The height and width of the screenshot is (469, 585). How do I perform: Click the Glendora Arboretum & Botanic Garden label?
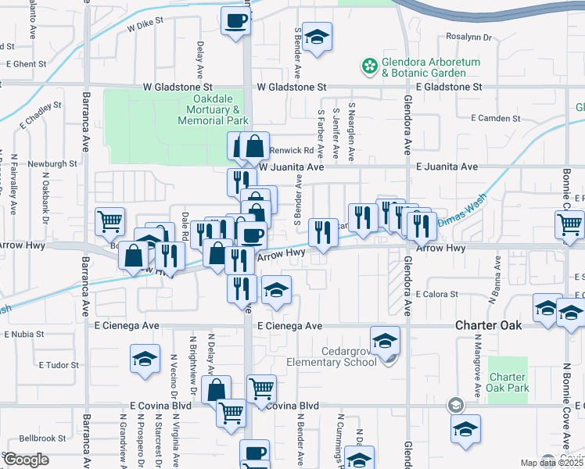click(x=424, y=68)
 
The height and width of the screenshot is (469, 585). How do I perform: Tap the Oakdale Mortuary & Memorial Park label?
click(x=213, y=110)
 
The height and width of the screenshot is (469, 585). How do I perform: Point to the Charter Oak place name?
click(x=490, y=325)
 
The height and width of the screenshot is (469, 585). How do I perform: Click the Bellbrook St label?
click(x=45, y=439)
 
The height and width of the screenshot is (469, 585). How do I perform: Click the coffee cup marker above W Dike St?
click(x=235, y=22)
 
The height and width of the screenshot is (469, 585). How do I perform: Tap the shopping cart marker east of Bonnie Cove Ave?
click(x=569, y=224)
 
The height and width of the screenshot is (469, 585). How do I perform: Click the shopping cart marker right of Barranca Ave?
click(x=110, y=221)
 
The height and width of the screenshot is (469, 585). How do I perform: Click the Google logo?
click(x=26, y=460)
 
